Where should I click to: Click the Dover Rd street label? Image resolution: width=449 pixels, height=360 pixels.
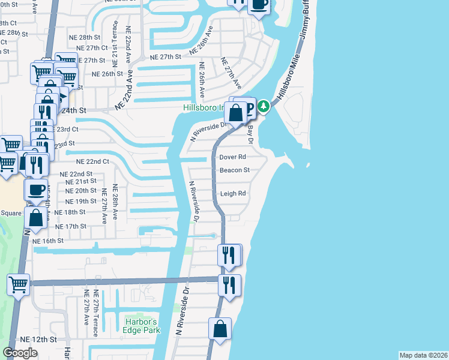click(234, 157)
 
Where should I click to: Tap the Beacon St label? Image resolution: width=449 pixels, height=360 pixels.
click(234, 170)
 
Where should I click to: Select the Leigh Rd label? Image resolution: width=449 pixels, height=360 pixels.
click(234, 194)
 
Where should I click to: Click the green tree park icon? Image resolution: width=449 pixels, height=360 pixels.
click(263, 107)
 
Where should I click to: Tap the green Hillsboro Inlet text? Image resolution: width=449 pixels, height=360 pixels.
click(204, 108)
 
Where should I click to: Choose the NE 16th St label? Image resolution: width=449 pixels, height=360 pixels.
click(48, 241)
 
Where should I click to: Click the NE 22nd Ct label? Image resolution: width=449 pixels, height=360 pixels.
click(92, 161)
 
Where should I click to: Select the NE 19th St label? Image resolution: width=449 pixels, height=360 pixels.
click(80, 202)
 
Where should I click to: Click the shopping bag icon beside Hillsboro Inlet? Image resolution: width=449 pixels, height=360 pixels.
click(237, 111)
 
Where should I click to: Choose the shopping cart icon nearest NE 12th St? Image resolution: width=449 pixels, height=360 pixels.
click(18, 284)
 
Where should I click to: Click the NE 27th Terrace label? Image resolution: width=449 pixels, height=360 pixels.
click(95, 308)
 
